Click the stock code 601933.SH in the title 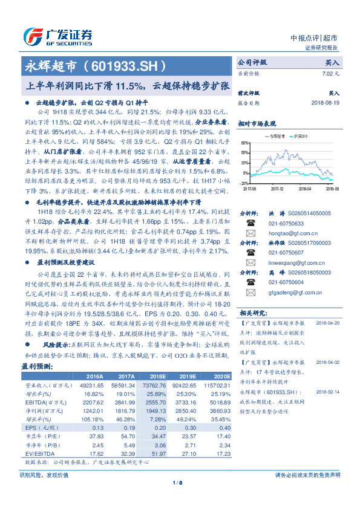(128, 64)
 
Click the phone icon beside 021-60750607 (249, 253)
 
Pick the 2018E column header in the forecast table (160, 375)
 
